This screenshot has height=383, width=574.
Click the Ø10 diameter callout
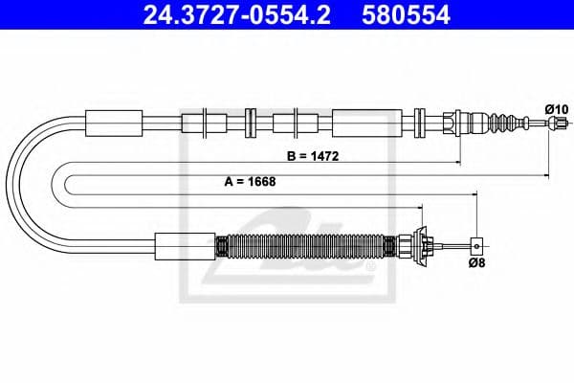click(x=556, y=109)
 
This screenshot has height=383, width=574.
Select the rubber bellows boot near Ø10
click(x=501, y=123)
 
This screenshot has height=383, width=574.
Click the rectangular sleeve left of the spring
click(x=185, y=245)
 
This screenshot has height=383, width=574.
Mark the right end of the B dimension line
click(x=460, y=164)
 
